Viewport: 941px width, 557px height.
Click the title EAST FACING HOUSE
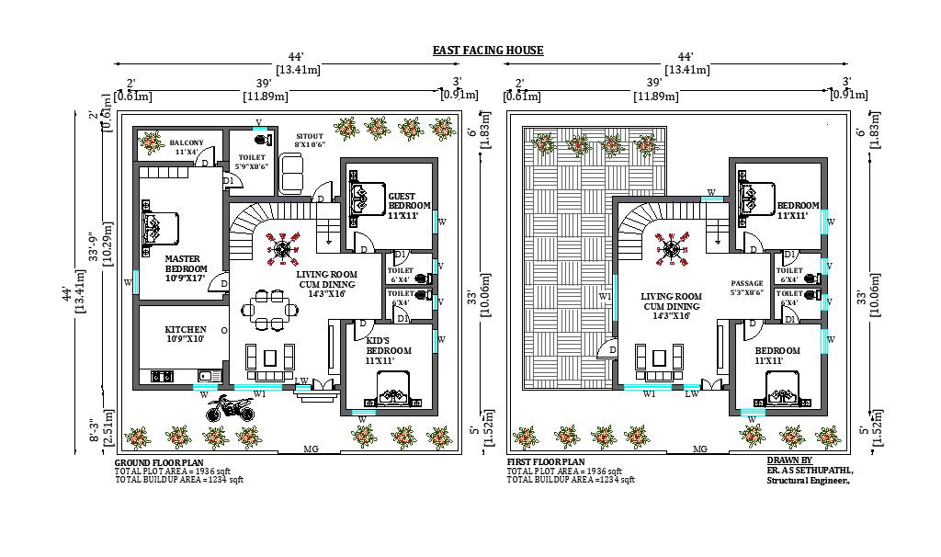tap(488, 51)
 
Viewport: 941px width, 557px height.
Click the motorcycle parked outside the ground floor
tap(230, 407)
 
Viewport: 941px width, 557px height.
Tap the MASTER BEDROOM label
tap(184, 265)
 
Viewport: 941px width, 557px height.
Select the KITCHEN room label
tap(185, 334)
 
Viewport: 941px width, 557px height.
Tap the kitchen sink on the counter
tap(204, 375)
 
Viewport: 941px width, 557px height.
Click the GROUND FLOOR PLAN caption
tap(159, 462)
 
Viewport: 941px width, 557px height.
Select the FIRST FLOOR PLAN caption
tap(546, 462)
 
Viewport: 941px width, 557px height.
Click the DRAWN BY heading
tap(788, 460)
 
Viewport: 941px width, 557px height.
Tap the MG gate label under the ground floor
tap(311, 449)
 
